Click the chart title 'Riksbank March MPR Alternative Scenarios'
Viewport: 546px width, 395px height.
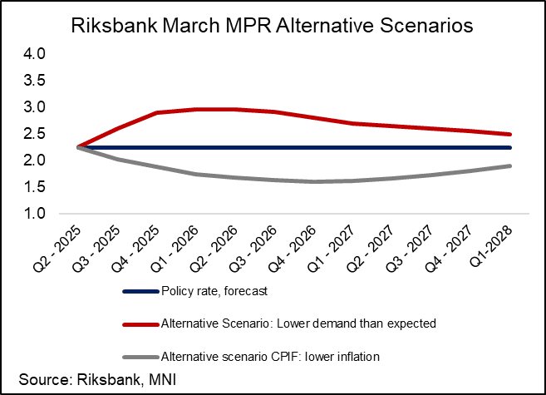[x=273, y=26]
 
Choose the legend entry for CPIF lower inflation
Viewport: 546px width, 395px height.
[x=282, y=357]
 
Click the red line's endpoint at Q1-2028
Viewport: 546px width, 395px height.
[x=509, y=134]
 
